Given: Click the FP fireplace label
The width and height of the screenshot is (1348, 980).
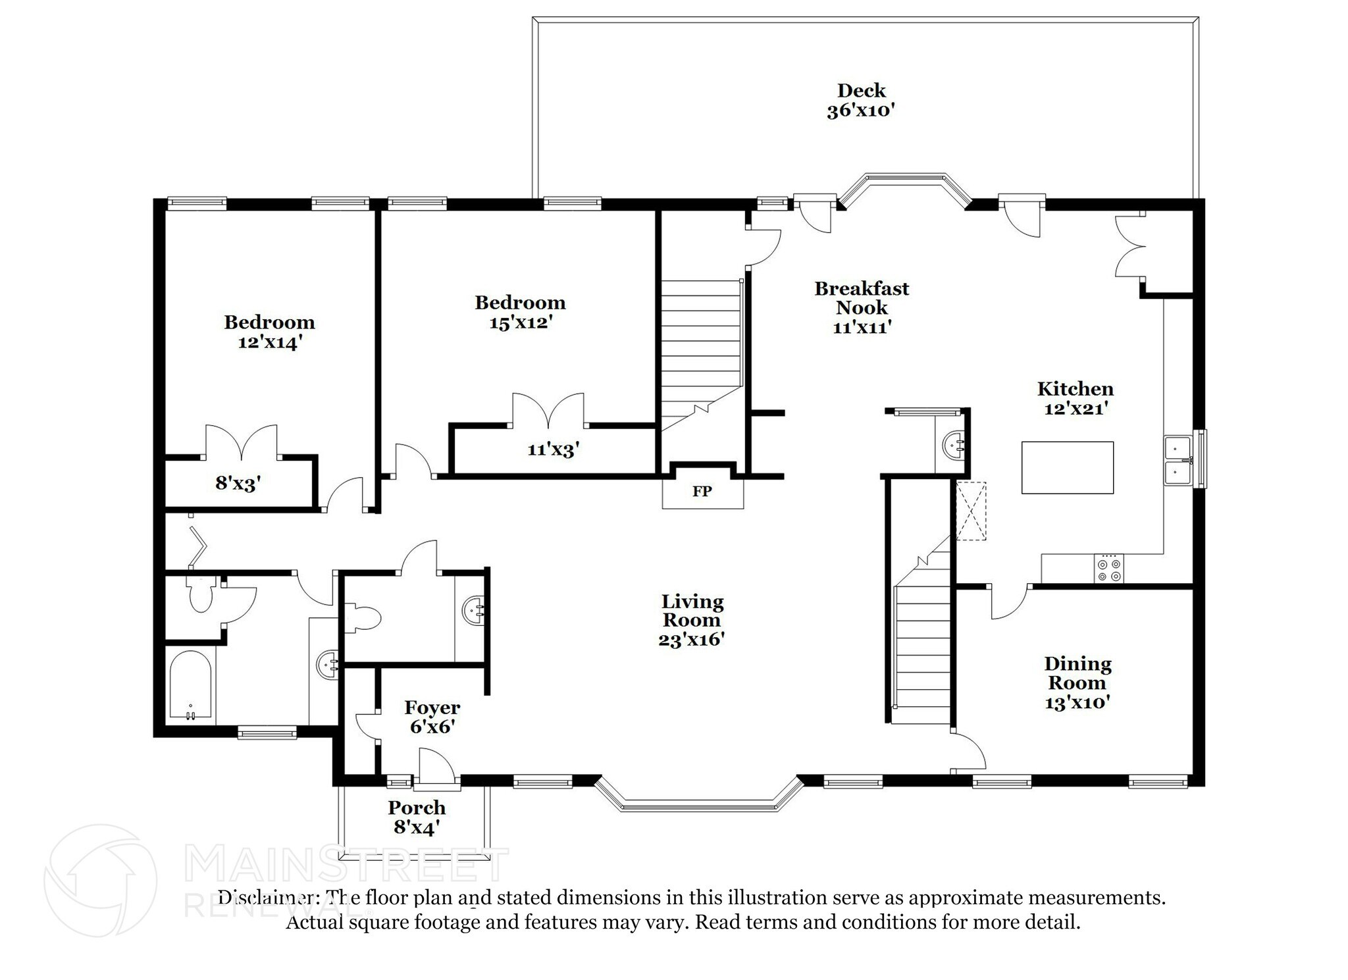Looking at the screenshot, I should click(702, 492).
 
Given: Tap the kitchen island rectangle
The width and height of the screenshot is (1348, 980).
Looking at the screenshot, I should click(1067, 467).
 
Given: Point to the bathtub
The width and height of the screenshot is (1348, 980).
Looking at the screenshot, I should click(190, 684).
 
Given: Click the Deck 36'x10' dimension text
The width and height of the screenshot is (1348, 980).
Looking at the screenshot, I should click(860, 110).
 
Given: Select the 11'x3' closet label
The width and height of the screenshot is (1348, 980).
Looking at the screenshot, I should click(553, 450).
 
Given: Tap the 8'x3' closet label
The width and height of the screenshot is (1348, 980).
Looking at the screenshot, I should click(238, 484).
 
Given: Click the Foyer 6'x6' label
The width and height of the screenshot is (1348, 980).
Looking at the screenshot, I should click(432, 717).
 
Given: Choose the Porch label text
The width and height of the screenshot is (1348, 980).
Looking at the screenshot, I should click(417, 808).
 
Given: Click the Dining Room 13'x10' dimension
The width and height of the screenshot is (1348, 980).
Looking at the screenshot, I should click(1077, 702).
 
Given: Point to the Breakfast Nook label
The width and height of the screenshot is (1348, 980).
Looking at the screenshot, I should click(862, 297).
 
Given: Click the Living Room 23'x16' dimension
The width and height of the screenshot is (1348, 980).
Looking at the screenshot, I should click(691, 639).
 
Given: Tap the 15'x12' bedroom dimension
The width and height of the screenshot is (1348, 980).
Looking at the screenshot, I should click(520, 322).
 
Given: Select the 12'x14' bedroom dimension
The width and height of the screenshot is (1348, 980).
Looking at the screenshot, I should click(269, 342).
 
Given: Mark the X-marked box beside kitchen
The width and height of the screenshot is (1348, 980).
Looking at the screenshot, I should click(971, 511).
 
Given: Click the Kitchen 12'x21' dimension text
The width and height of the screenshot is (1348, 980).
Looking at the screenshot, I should click(1076, 408).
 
